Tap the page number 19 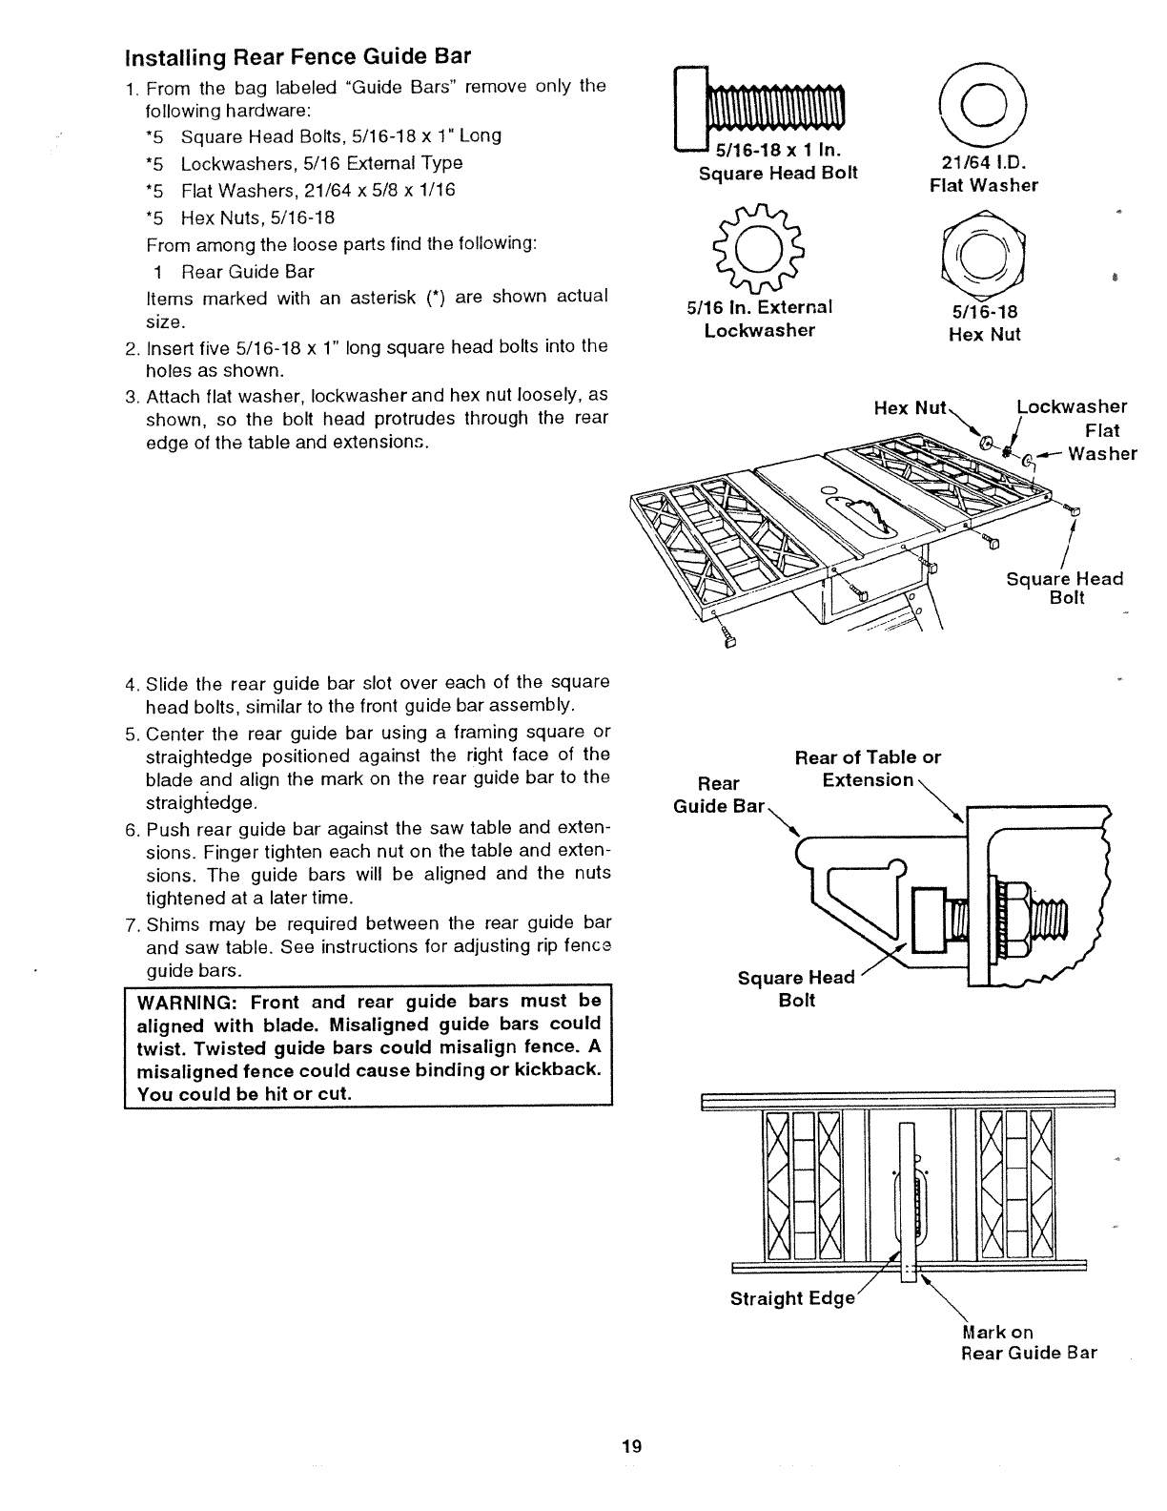pyautogui.click(x=631, y=1446)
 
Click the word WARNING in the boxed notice pyautogui.click(x=190, y=1001)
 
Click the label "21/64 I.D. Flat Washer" pyautogui.click(x=984, y=174)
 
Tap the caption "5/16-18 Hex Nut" pyautogui.click(x=984, y=323)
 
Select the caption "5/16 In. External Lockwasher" pyautogui.click(x=760, y=319)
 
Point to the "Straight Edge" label pyautogui.click(x=791, y=1299)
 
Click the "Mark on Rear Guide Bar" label pyautogui.click(x=1028, y=1342)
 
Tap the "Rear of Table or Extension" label pyautogui.click(x=868, y=769)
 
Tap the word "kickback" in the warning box pyautogui.click(x=556, y=1069)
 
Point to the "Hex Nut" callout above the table pyautogui.click(x=910, y=408)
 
